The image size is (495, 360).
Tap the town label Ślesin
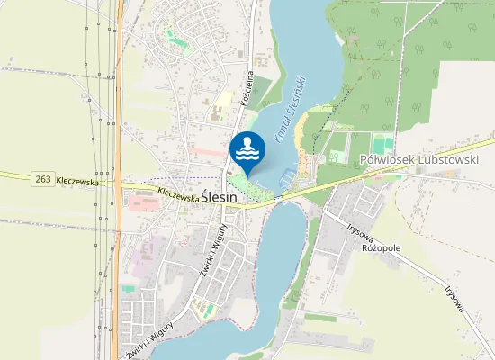(219, 195)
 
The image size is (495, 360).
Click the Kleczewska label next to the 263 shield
(76, 181)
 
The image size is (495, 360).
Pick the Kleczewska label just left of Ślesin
(176, 192)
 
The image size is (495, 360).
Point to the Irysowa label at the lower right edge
(456, 299)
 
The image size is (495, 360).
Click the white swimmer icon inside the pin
(247, 148)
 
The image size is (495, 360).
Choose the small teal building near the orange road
(129, 288)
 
